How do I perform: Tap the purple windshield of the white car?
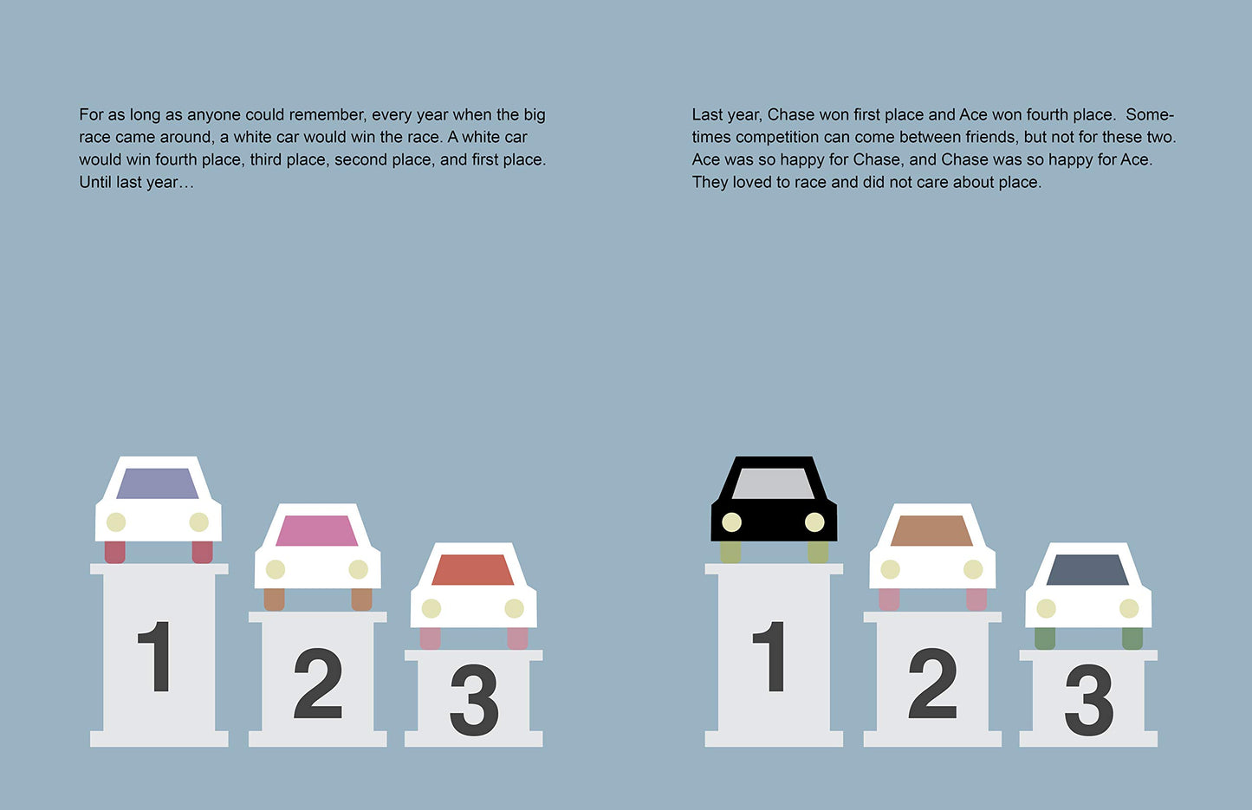157,483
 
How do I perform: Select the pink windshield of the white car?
317,530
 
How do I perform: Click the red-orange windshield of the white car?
473,569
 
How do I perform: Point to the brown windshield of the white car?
931,530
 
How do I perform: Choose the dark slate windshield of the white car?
1087,569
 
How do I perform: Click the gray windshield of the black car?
773,483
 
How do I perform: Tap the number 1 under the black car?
770,656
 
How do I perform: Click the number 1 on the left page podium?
156,656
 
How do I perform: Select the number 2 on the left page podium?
317,684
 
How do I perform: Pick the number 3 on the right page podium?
1088,700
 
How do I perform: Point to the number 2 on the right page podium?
932,684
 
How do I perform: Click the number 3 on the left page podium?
474,700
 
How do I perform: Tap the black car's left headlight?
732,522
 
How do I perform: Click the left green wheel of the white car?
1045,638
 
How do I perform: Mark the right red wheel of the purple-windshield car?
202,552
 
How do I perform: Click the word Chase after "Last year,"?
791,114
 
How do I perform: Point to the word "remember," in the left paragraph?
328,114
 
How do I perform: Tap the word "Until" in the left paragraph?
95,182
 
